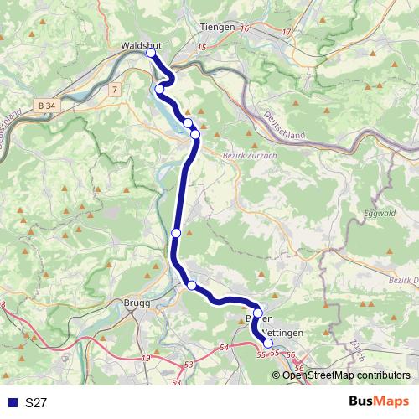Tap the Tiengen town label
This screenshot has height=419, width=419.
216,27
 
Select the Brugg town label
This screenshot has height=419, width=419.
137,303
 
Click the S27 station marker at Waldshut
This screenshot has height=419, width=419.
152,53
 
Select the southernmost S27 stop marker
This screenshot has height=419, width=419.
268,343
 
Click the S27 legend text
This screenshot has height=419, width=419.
35,403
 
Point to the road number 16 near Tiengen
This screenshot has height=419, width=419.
245,29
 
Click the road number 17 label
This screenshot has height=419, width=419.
287,33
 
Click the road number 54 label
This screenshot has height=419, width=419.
223,346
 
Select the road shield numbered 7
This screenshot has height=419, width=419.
114,88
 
